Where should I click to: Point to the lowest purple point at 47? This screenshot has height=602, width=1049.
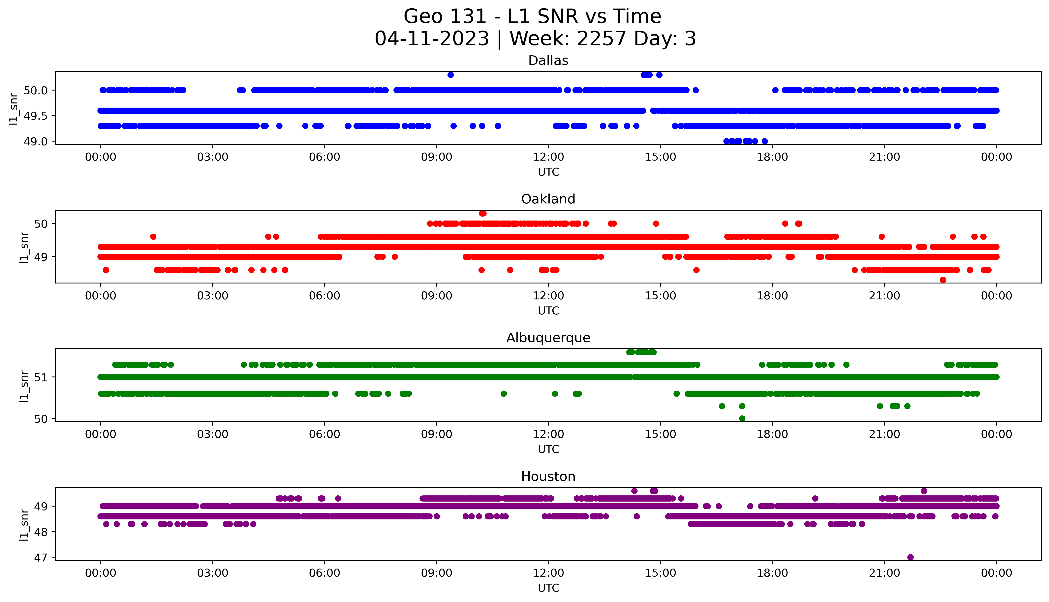tap(910, 557)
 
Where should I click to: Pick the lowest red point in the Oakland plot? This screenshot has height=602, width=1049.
tap(943, 280)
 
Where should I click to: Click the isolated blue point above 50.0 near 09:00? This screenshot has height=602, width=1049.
tap(451, 75)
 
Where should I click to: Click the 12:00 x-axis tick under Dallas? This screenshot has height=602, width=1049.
tap(548, 157)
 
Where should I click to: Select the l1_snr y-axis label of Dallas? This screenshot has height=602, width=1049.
tap(14, 108)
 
